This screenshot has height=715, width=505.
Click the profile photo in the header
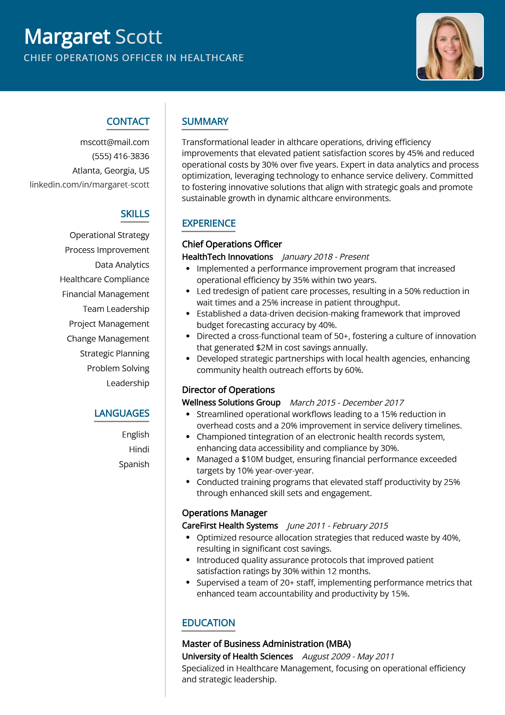[450, 47]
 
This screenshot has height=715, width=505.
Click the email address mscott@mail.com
[114, 142]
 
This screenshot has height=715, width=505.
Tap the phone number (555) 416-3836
[120, 156]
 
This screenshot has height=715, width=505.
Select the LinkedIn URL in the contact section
[89, 185]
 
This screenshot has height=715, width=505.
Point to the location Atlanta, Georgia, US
[111, 171]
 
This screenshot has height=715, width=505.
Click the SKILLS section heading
[135, 214]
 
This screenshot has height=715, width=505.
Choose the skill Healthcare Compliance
[104, 279]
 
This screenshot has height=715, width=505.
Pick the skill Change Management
[108, 339]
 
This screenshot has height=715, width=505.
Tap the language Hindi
[139, 449]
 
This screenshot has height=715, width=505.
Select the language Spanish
[134, 464]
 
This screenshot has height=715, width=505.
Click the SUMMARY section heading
[205, 122]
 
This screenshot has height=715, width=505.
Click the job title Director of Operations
[228, 390]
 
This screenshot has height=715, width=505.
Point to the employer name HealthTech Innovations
[227, 257]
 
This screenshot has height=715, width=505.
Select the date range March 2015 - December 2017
[346, 403]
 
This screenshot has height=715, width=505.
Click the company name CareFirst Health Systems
[230, 526]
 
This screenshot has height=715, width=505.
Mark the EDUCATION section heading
[208, 623]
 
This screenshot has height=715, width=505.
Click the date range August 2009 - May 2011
[348, 656]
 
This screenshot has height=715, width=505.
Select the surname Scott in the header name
[139, 37]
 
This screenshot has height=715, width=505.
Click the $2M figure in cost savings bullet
[264, 348]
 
